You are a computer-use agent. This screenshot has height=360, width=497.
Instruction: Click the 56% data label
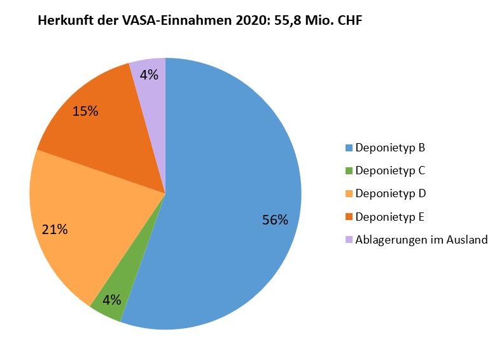(275, 220)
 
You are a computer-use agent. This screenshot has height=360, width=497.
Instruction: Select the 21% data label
(55, 229)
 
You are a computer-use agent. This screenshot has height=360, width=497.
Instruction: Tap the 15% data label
(85, 111)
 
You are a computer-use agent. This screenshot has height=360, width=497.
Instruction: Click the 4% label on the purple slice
(149, 74)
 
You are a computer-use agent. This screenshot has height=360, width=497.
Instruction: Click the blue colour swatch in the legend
(348, 148)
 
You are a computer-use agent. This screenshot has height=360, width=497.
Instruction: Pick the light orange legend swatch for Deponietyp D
(348, 193)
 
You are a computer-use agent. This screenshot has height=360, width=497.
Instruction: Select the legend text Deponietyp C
(390, 170)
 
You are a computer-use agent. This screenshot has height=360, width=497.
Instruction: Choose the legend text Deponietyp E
(390, 217)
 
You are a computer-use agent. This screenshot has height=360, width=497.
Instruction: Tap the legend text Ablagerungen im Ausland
(421, 240)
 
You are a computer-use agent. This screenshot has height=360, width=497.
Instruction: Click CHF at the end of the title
(347, 20)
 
